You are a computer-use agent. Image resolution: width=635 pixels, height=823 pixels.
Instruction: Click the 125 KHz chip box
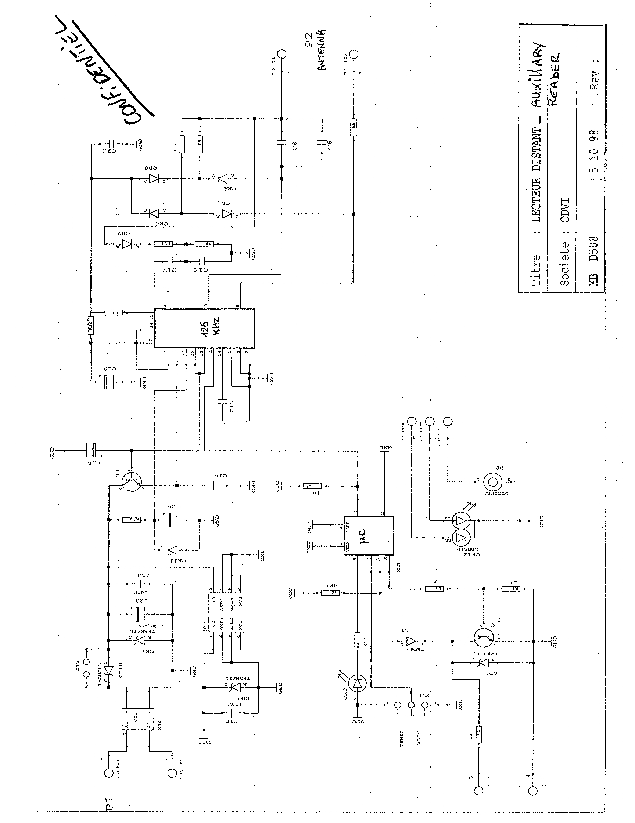point(205,328)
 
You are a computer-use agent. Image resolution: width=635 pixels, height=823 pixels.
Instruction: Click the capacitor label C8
point(295,145)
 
